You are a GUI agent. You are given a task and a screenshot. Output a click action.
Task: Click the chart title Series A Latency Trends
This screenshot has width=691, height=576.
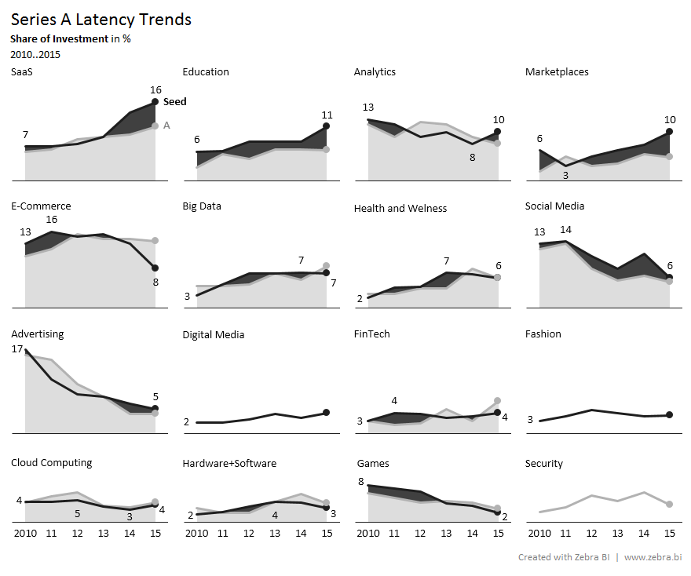coord(101,20)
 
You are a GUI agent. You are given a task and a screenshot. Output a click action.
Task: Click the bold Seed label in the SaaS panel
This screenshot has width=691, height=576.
coord(174,102)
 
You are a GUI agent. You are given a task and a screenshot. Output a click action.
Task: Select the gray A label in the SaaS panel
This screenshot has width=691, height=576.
coord(166,125)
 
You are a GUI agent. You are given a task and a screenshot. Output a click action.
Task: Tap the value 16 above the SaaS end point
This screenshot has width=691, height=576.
coord(155,89)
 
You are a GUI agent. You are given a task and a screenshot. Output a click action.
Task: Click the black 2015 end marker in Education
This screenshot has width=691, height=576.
coord(327,126)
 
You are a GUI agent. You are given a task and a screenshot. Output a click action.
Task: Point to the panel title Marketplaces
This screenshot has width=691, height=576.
coord(557,72)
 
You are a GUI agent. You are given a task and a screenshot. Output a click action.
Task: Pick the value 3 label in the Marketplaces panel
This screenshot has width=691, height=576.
coord(565,175)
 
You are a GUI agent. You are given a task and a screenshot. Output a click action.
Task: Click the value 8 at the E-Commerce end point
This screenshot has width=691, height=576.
coord(155,282)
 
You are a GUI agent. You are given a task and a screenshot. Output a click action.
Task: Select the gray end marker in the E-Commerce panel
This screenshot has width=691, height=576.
coord(155,241)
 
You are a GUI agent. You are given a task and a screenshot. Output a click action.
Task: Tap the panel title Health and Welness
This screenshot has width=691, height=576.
coord(400,208)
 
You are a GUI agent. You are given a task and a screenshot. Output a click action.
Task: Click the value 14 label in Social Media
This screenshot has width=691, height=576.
coord(565,230)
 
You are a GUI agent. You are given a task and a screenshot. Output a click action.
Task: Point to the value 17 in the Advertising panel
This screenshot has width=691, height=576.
coord(17,349)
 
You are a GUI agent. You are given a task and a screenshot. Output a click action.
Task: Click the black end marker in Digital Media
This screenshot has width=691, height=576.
coord(327,412)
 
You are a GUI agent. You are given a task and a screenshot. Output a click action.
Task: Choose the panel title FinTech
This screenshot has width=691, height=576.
coord(372,334)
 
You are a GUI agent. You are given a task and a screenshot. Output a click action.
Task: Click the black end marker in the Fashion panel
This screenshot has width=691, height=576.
coord(669,414)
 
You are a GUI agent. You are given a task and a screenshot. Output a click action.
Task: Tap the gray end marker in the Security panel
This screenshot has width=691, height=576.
coord(669,504)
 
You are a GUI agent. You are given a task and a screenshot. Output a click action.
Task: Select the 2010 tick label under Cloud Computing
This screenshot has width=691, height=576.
coord(26,534)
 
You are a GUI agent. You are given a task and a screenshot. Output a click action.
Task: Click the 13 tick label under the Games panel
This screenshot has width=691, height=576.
coord(446,534)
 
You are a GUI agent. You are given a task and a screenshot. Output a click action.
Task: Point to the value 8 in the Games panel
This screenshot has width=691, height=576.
coord(360,482)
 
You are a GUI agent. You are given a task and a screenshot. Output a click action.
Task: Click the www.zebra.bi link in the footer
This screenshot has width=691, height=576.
coord(653,557)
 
